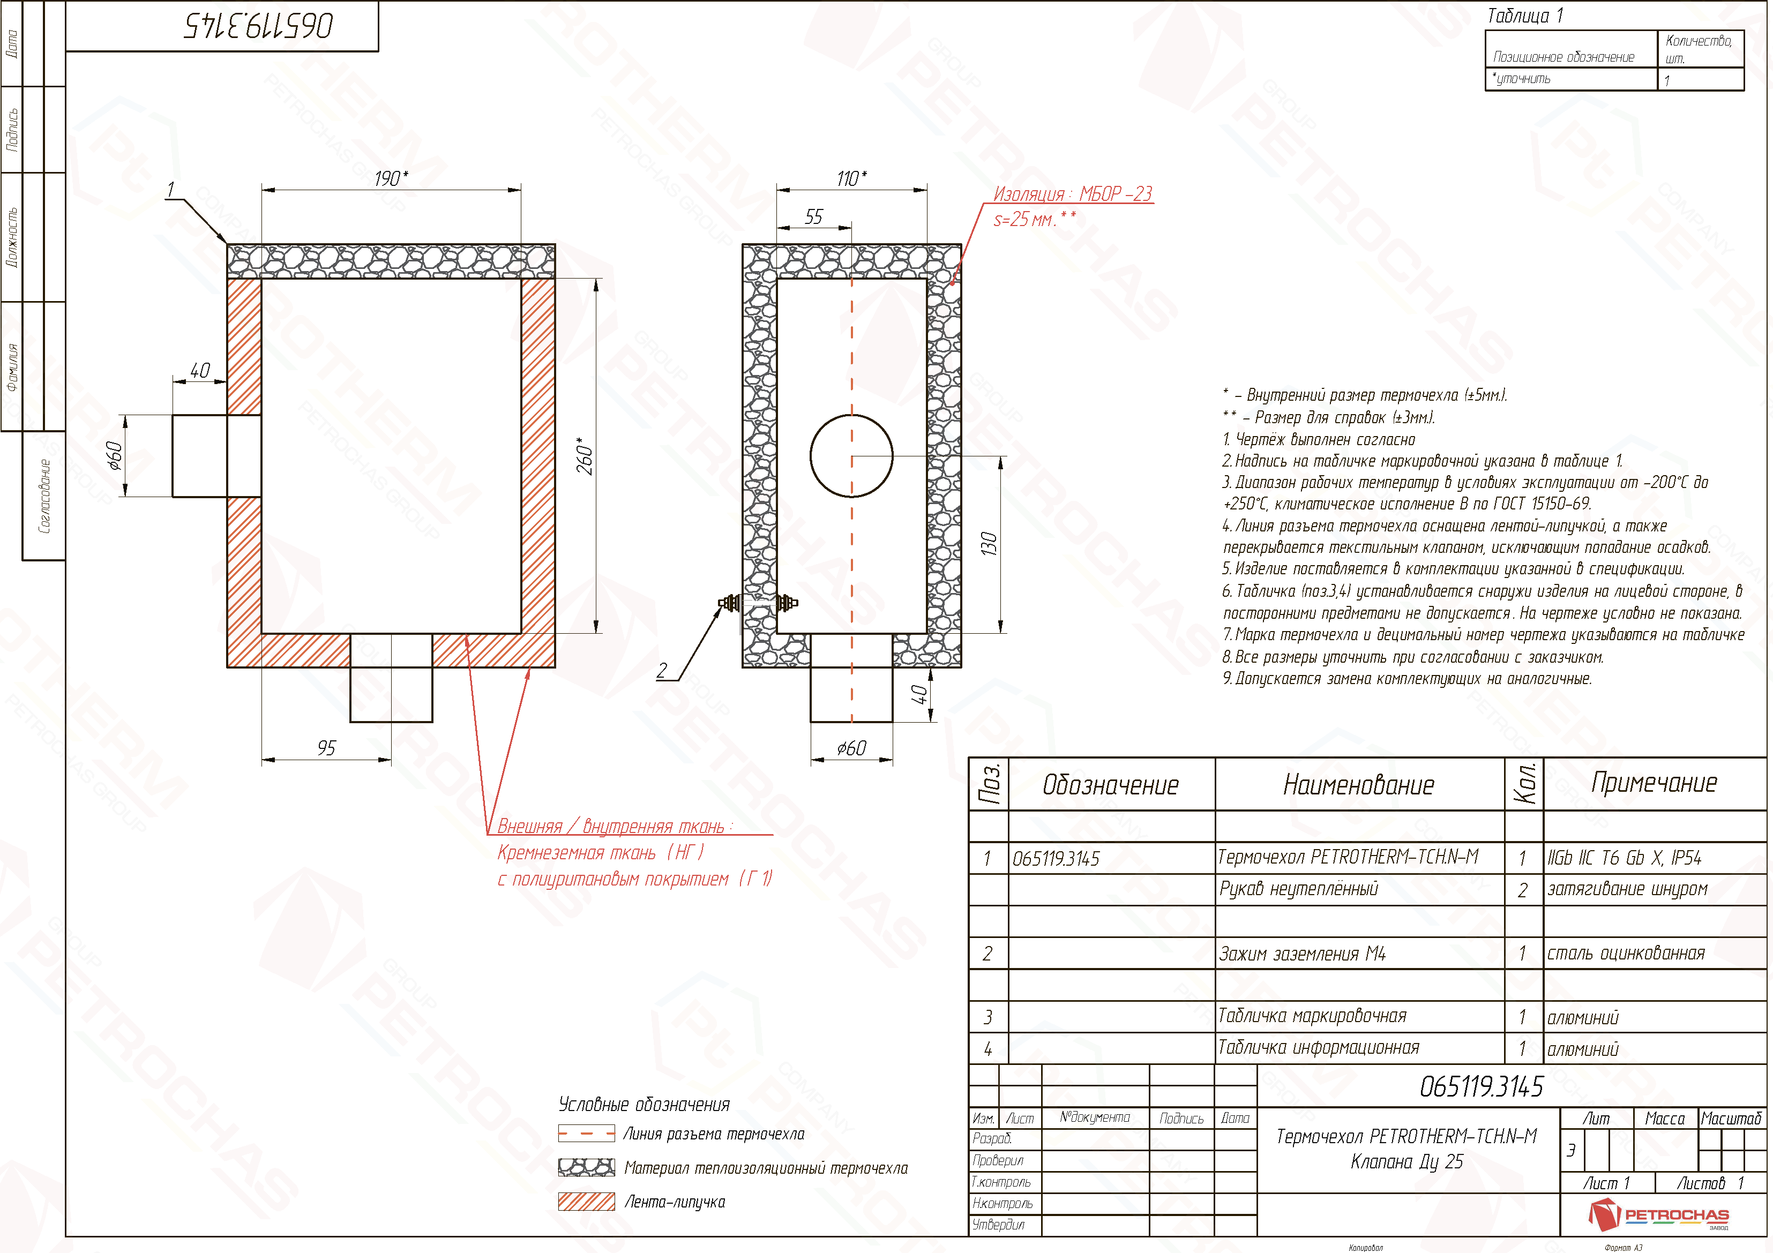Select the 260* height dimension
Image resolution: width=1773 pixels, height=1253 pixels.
click(585, 456)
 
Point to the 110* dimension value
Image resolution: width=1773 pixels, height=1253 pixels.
click(852, 178)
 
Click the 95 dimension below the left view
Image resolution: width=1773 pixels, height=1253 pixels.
click(327, 748)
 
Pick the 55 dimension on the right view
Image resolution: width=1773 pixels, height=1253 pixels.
click(814, 217)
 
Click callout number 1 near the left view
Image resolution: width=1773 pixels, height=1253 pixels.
click(171, 189)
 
